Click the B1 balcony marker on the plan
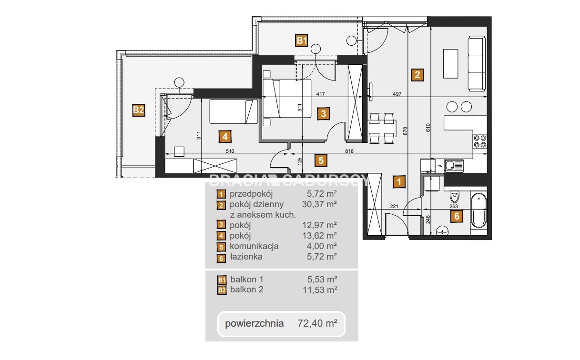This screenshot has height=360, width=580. pos(302,40)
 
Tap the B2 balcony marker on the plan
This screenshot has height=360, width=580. pos(139,110)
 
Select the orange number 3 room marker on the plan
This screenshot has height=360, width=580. pos(324,114)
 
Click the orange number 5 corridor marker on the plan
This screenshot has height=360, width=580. pos(321,160)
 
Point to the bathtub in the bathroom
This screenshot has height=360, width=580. pos(478,210)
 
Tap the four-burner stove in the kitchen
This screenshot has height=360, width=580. pos(480,141)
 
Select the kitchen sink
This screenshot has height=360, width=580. pos(454,166)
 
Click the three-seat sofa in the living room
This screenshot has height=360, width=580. pos(477,64)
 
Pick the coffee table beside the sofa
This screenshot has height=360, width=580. pos(450,64)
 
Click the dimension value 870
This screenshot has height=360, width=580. pos(405,130)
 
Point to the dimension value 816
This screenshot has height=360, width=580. pos(349,151)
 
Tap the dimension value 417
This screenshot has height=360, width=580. pos(321,94)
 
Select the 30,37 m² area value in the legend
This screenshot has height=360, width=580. pos(319,204)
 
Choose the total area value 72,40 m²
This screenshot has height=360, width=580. pos(317,323)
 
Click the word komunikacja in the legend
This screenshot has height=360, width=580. pos(254,246)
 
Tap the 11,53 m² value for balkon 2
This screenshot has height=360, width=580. pos(320,290)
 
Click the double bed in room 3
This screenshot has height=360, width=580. pos(286,99)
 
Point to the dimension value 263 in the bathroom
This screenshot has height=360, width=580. pos(454,206)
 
